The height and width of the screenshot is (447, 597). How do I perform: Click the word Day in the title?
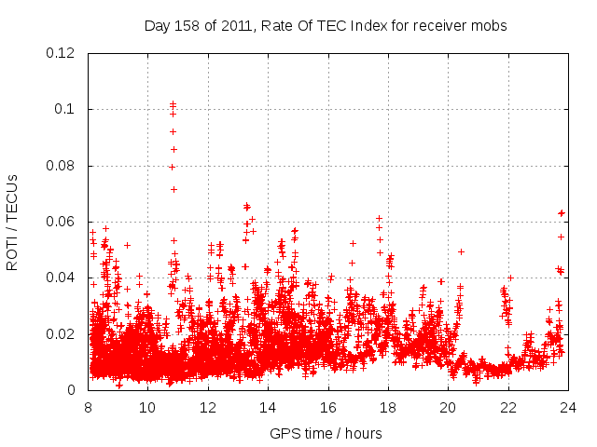(158, 26)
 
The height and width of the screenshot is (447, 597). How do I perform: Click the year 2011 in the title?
(239, 26)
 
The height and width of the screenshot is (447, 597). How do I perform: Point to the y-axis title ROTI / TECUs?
(12, 222)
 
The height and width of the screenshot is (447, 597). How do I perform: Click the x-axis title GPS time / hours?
(326, 433)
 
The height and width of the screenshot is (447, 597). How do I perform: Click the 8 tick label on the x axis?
(88, 408)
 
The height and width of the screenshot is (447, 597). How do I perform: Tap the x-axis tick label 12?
(208, 408)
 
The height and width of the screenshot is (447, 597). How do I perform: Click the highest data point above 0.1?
(173, 103)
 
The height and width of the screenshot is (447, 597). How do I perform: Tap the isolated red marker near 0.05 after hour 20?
(461, 251)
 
